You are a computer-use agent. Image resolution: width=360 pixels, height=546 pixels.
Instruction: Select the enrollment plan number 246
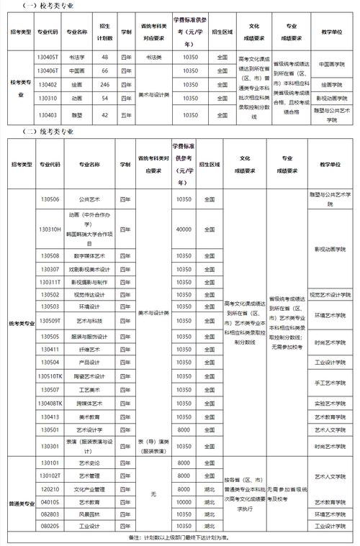pyautogui.click(x=105, y=84)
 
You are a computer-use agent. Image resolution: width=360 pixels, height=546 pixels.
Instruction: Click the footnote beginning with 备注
pyautogui.click(x=179, y=537)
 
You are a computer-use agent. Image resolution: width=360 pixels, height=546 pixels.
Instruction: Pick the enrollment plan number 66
pyautogui.click(x=105, y=70)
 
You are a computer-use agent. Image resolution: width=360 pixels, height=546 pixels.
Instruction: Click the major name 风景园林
pyautogui.click(x=83, y=514)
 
